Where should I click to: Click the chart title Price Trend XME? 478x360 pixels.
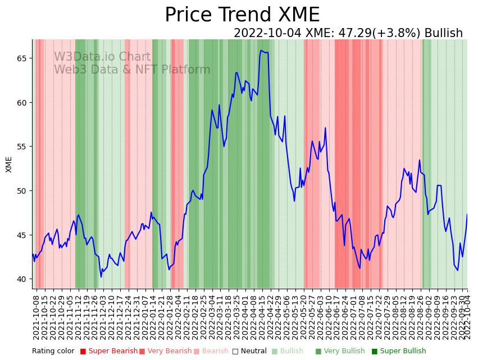[x=242, y=15]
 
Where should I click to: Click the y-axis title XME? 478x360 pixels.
[x=9, y=164]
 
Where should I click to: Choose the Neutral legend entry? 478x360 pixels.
[x=249, y=352]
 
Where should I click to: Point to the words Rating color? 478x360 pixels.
[x=53, y=352]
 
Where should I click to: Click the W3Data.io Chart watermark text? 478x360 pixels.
[x=102, y=57]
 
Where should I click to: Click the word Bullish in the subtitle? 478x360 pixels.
[x=443, y=34]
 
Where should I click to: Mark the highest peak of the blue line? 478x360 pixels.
[x=261, y=51]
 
